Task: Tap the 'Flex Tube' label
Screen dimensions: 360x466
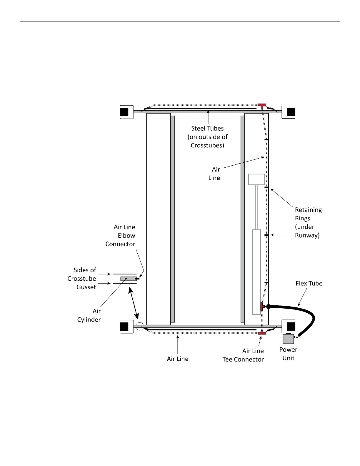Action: tap(309, 283)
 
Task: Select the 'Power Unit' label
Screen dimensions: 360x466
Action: tap(288, 354)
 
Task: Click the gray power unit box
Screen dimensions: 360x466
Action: tap(288, 339)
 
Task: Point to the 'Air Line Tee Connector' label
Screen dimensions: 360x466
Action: tap(243, 355)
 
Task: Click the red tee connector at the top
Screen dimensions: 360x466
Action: tap(262, 105)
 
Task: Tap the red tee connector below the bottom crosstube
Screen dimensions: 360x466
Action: tap(262, 333)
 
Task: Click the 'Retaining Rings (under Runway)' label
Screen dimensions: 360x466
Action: tap(308, 222)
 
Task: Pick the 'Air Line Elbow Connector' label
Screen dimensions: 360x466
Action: tap(120, 235)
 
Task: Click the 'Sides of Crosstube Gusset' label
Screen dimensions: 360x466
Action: tap(82, 278)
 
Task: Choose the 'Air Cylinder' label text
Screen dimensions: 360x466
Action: tap(89, 315)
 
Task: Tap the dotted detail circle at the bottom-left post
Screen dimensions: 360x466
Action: tap(140, 327)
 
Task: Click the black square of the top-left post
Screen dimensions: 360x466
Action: tap(124, 112)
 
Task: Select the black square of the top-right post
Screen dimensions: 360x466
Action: tap(291, 112)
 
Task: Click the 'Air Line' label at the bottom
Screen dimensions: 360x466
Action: tap(178, 359)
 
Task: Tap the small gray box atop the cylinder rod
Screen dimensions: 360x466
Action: tap(256, 179)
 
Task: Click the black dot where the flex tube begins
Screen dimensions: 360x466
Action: tap(268, 307)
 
